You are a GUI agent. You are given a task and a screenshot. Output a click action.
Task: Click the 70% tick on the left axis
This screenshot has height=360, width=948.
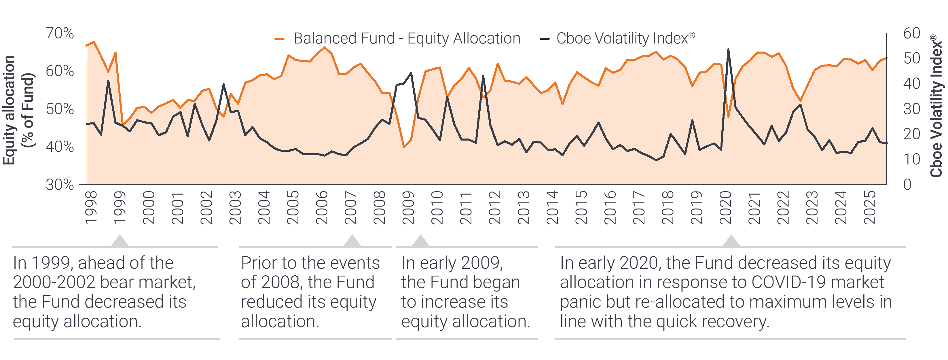60,33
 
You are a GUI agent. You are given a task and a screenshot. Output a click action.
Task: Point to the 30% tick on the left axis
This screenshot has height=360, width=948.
60,184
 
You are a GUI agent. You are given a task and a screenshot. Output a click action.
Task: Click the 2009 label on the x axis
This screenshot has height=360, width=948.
408,208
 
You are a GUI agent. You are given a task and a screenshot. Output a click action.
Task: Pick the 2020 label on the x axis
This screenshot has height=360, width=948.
726,208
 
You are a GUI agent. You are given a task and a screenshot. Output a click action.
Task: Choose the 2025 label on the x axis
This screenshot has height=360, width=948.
870,208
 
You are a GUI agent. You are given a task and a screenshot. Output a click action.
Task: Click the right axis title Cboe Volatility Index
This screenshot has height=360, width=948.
936,107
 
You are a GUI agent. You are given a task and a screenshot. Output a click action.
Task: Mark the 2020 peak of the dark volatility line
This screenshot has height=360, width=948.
728,49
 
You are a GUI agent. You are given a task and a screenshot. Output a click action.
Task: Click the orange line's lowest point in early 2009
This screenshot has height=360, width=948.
404,147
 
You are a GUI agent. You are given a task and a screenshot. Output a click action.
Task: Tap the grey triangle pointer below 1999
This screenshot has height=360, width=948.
120,241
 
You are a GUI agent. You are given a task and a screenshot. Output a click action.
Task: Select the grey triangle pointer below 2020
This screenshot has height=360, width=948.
731,241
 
